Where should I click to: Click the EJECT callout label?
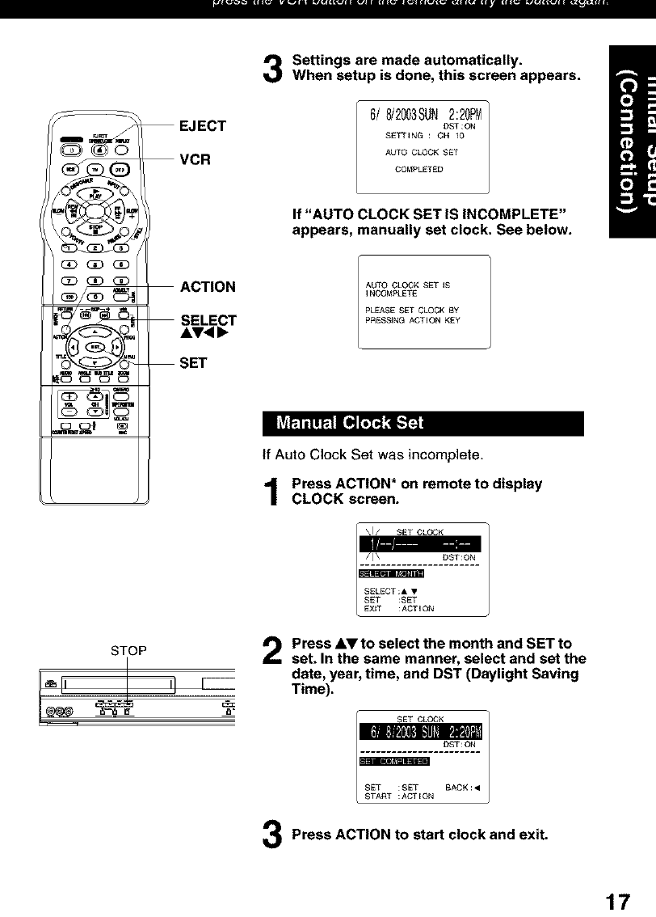click(202, 126)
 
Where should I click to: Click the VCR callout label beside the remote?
click(195, 159)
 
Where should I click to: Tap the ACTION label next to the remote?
click(208, 287)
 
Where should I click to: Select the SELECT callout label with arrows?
click(208, 321)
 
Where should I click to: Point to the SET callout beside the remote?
click(193, 363)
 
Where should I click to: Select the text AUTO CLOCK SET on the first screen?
click(422, 152)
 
